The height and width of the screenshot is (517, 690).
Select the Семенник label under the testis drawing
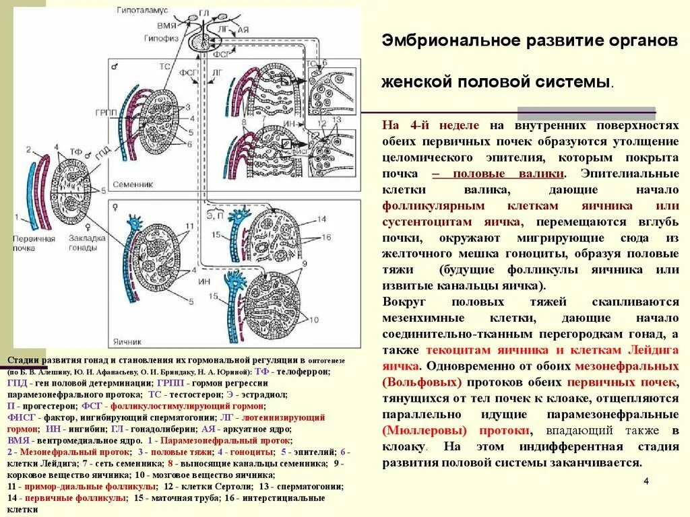135,184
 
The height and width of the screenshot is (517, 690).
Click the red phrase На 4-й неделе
431,125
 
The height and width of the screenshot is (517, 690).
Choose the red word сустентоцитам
428,222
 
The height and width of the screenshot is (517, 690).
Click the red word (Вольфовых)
422,382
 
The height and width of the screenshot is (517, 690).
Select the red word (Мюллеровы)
422,430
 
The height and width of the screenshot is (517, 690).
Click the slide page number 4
646,481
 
